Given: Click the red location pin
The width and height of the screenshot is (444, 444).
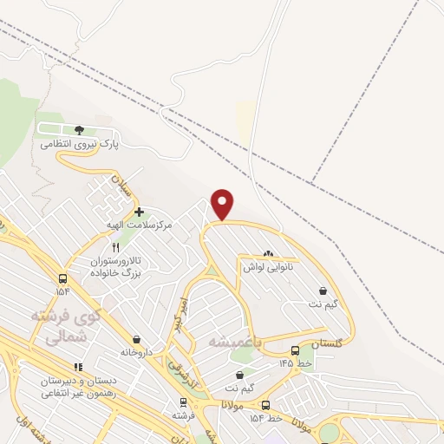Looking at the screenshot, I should [223, 204].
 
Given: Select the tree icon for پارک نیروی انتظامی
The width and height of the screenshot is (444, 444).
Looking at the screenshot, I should [79, 130].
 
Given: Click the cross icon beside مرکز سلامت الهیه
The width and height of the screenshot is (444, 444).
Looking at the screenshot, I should [139, 212].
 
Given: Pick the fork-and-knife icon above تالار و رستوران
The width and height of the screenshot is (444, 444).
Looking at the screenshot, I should [116, 247].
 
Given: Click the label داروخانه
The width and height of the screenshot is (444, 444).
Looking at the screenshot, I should [137, 353].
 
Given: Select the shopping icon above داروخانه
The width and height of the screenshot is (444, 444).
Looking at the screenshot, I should [137, 339].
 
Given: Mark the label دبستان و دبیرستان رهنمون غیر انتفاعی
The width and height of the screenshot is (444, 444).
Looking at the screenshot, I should [78, 386].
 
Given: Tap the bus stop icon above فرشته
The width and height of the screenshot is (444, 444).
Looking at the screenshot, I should [182, 402].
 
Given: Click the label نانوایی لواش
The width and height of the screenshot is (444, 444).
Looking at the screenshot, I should [268, 267].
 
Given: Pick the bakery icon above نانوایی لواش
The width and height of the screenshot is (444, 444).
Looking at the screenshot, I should [268, 254].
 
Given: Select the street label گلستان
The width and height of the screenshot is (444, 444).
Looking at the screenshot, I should [326, 344].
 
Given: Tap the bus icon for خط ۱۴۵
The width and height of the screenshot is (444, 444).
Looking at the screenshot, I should [296, 350].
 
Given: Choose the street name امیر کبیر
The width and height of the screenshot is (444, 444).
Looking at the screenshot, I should [180, 312].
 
